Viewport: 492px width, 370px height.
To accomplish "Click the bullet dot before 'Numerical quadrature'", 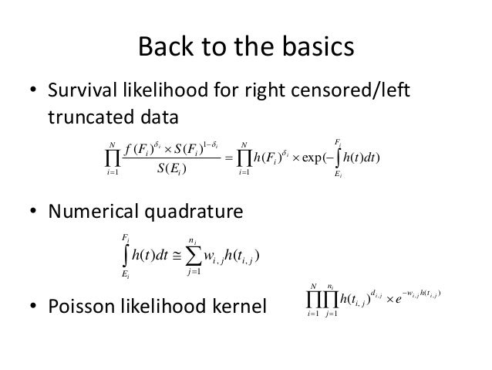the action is point(34,213).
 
